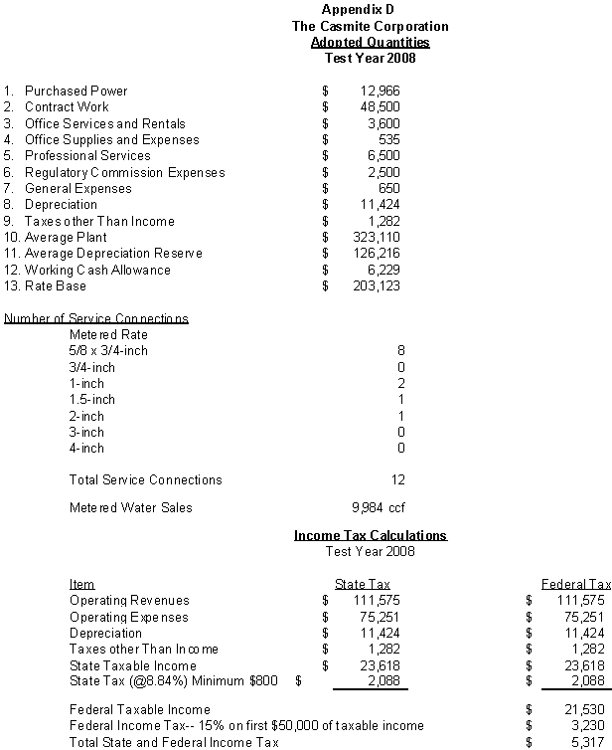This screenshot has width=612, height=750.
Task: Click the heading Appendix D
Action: pos(371,9)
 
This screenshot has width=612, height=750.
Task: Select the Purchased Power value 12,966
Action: pos(381,91)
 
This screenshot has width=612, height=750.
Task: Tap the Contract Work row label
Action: pos(67,106)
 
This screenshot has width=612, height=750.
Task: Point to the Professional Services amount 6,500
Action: pos(383,156)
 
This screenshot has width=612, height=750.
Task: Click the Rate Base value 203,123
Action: pos(378,286)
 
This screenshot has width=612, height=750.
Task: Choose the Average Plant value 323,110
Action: pos(378,238)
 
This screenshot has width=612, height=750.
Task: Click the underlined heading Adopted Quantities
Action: pos(370,42)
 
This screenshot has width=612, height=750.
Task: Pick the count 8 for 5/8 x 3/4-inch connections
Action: pos(400,351)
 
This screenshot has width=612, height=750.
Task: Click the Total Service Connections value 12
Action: pos(397,480)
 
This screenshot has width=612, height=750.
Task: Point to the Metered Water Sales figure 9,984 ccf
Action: pos(379,508)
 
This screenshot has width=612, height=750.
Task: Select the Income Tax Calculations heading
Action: pos(370,536)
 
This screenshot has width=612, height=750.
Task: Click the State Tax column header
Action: pos(363,584)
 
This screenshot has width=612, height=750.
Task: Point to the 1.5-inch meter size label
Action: pos(92,400)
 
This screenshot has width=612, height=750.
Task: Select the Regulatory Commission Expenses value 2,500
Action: pos(383,172)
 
